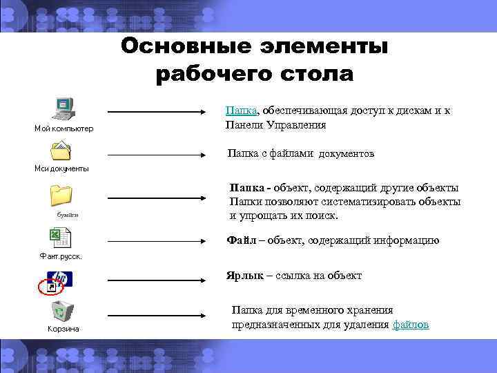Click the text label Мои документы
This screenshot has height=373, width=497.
click(61, 169)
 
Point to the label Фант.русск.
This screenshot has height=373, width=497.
click(61, 256)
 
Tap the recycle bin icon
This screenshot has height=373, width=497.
click(62, 312)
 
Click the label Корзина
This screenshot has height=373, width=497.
click(63, 329)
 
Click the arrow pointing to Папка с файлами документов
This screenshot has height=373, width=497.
click(158, 153)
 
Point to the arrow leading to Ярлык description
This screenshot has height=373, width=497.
click(158, 280)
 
